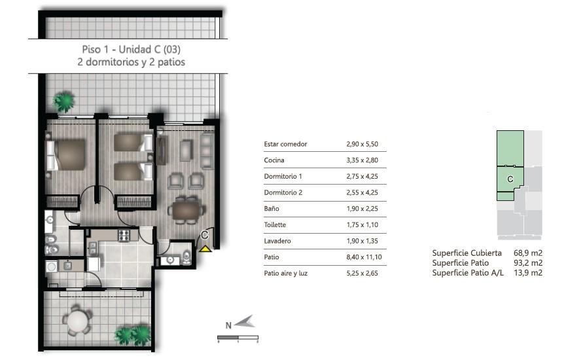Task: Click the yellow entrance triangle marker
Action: pyautogui.click(x=205, y=249)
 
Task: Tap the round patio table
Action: pyautogui.click(x=77, y=320)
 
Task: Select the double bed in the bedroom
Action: pyautogui.click(x=66, y=154)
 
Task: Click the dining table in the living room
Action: pyautogui.click(x=186, y=210)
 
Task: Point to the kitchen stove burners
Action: pyautogui.click(x=124, y=236)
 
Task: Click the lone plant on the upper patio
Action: pyautogui.click(x=64, y=101)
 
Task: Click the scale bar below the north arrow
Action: pyautogui.click(x=238, y=338)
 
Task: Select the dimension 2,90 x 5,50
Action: pyautogui.click(x=362, y=144)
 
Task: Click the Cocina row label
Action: pyautogui.click(x=274, y=160)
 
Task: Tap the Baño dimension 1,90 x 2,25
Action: pyautogui.click(x=362, y=208)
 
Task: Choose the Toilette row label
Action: pyautogui.click(x=275, y=225)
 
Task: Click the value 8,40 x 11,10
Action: pyautogui.click(x=364, y=257)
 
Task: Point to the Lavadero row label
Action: pyautogui.click(x=277, y=241)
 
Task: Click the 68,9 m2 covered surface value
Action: pyautogui.click(x=528, y=253)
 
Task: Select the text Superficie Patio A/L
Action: pyautogui.click(x=468, y=273)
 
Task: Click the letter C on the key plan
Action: pyautogui.click(x=510, y=179)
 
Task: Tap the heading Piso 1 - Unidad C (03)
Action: pyautogui.click(x=132, y=49)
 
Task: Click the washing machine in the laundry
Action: pyautogui.click(x=52, y=267)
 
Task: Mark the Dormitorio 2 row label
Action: pyautogui.click(x=283, y=192)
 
